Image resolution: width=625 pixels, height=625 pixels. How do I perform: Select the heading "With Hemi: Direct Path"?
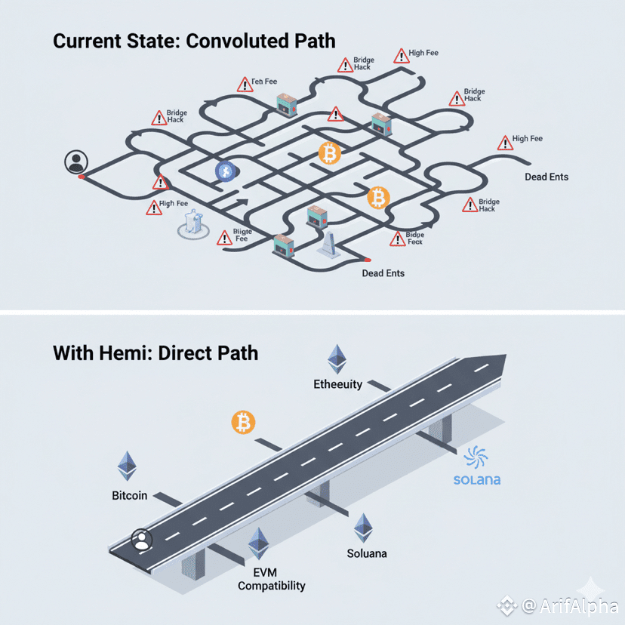pyautogui.click(x=155, y=352)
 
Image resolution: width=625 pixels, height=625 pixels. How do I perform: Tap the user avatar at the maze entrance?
pyautogui.click(x=75, y=162)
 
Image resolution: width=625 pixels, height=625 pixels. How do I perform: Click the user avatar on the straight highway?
pyautogui.click(x=141, y=539)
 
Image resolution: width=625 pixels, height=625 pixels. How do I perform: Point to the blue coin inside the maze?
pyautogui.click(x=225, y=172)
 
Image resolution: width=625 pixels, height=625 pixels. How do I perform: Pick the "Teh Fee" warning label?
pyautogui.click(x=264, y=82)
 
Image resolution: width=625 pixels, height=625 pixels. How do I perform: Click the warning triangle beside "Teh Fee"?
pyautogui.click(x=245, y=85)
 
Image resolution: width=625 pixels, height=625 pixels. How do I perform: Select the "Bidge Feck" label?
pyautogui.click(x=415, y=239)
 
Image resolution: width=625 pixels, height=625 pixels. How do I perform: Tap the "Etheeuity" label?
pyautogui.click(x=338, y=384)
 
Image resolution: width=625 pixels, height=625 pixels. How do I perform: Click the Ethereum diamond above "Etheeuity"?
pyautogui.click(x=335, y=359)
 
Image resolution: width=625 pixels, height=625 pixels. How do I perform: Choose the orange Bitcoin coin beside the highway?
pyautogui.click(x=243, y=422)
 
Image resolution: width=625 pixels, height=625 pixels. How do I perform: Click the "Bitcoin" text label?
pyautogui.click(x=128, y=496)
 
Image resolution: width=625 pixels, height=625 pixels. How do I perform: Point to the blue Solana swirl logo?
pyautogui.click(x=477, y=457)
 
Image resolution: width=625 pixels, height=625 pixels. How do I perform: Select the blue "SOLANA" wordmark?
pyautogui.click(x=477, y=480)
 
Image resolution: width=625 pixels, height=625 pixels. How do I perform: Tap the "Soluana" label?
pyautogui.click(x=367, y=553)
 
